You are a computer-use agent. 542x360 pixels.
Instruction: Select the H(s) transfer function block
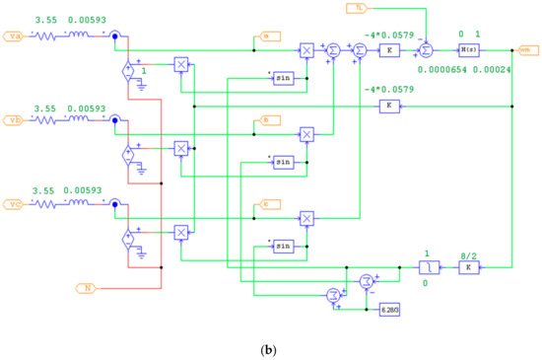pyautogui.click(x=468, y=47)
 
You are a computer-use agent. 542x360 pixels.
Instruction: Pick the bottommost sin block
pyautogui.click(x=284, y=245)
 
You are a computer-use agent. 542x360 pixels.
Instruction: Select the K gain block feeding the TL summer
pyautogui.click(x=390, y=47)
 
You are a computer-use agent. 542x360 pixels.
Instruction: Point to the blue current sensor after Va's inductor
pyautogui.click(x=115, y=37)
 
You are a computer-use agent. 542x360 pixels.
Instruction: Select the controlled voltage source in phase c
pyautogui.click(x=127, y=238)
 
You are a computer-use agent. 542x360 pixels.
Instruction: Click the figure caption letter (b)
pyautogui.click(x=271, y=347)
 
